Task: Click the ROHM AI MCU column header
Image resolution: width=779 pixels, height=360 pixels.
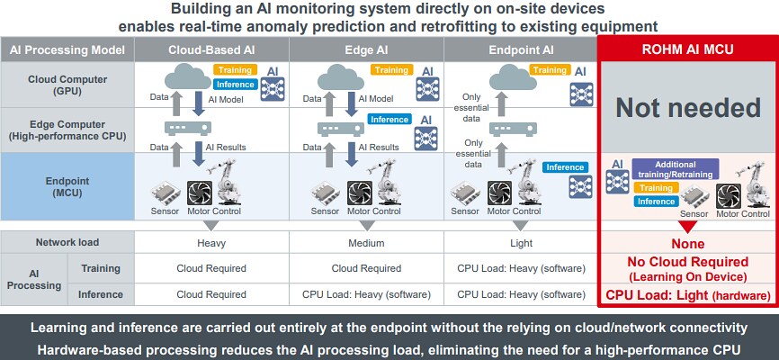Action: [688, 49]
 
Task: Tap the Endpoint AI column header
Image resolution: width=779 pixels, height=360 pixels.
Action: [521, 49]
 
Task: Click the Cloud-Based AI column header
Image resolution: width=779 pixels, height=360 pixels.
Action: [211, 49]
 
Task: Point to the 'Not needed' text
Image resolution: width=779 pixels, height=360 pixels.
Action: [688, 108]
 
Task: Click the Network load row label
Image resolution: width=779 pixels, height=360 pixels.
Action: [67, 243]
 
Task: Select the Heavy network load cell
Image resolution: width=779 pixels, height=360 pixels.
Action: [211, 243]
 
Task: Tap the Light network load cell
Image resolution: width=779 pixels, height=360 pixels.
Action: [521, 243]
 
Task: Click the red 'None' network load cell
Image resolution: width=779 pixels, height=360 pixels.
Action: [688, 244]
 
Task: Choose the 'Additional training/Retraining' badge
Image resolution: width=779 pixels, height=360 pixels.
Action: [676, 169]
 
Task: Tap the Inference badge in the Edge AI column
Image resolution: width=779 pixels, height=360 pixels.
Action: [389, 119]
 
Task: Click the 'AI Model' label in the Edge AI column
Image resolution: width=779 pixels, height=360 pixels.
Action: [376, 99]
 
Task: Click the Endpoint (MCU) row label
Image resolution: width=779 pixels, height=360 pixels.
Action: [67, 185]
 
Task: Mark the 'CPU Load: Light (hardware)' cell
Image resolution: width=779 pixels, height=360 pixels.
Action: [688, 295]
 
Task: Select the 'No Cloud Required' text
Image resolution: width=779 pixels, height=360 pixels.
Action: [688, 262]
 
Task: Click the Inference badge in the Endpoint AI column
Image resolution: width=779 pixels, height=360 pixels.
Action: [565, 167]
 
